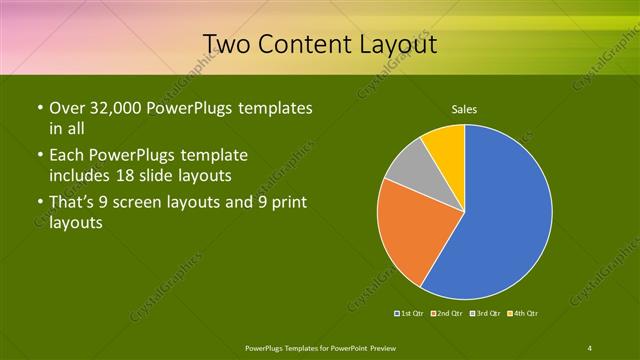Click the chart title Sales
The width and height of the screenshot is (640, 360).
click(464, 108)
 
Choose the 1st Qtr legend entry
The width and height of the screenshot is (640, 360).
click(411, 314)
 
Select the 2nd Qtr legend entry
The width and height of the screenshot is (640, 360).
click(446, 314)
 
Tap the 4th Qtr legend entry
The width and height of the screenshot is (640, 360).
click(522, 314)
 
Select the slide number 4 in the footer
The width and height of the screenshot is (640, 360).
click(590, 347)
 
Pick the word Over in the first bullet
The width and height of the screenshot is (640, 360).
click(66, 108)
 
